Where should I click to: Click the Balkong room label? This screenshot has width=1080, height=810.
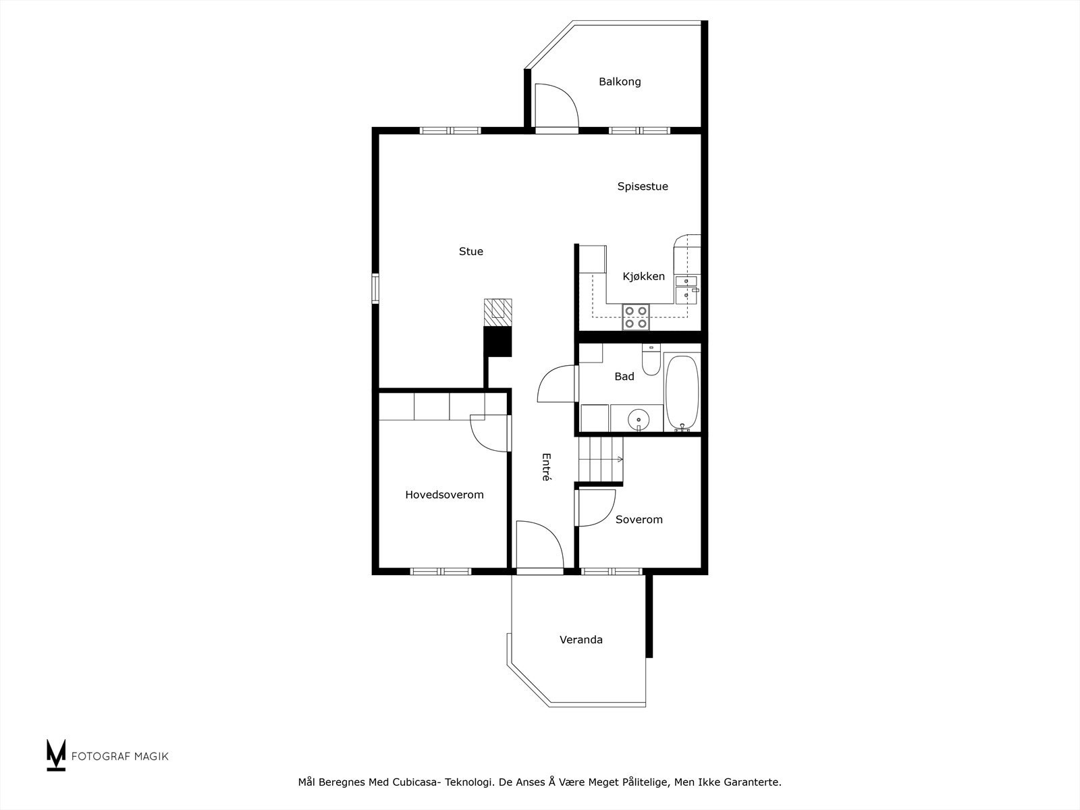pos(620,82)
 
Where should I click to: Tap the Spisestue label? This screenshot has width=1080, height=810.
pos(643,186)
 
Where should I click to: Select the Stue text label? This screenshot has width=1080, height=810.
pos(471,251)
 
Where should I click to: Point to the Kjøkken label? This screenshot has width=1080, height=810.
pos(643,276)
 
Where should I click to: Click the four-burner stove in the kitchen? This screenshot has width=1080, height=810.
pos(636,317)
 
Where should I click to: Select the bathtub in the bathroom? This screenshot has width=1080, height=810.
pos(682,392)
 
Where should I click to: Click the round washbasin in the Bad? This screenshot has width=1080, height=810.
pos(638,420)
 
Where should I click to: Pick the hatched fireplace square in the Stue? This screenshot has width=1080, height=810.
pos(498,313)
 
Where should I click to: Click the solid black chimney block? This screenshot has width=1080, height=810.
pos(498,342)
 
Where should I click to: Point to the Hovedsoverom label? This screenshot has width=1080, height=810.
pos(444,495)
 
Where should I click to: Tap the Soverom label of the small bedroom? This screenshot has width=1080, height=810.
pos(639,519)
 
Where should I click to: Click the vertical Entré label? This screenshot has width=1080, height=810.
pos(546,466)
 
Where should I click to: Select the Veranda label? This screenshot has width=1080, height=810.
pos(581,639)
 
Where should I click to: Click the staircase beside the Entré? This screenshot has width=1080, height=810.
pos(600,460)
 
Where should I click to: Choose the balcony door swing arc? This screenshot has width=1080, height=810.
pos(566,96)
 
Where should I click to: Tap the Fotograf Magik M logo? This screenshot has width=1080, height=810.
pos(56,755)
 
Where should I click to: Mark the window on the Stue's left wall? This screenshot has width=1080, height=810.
pos(375,289)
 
